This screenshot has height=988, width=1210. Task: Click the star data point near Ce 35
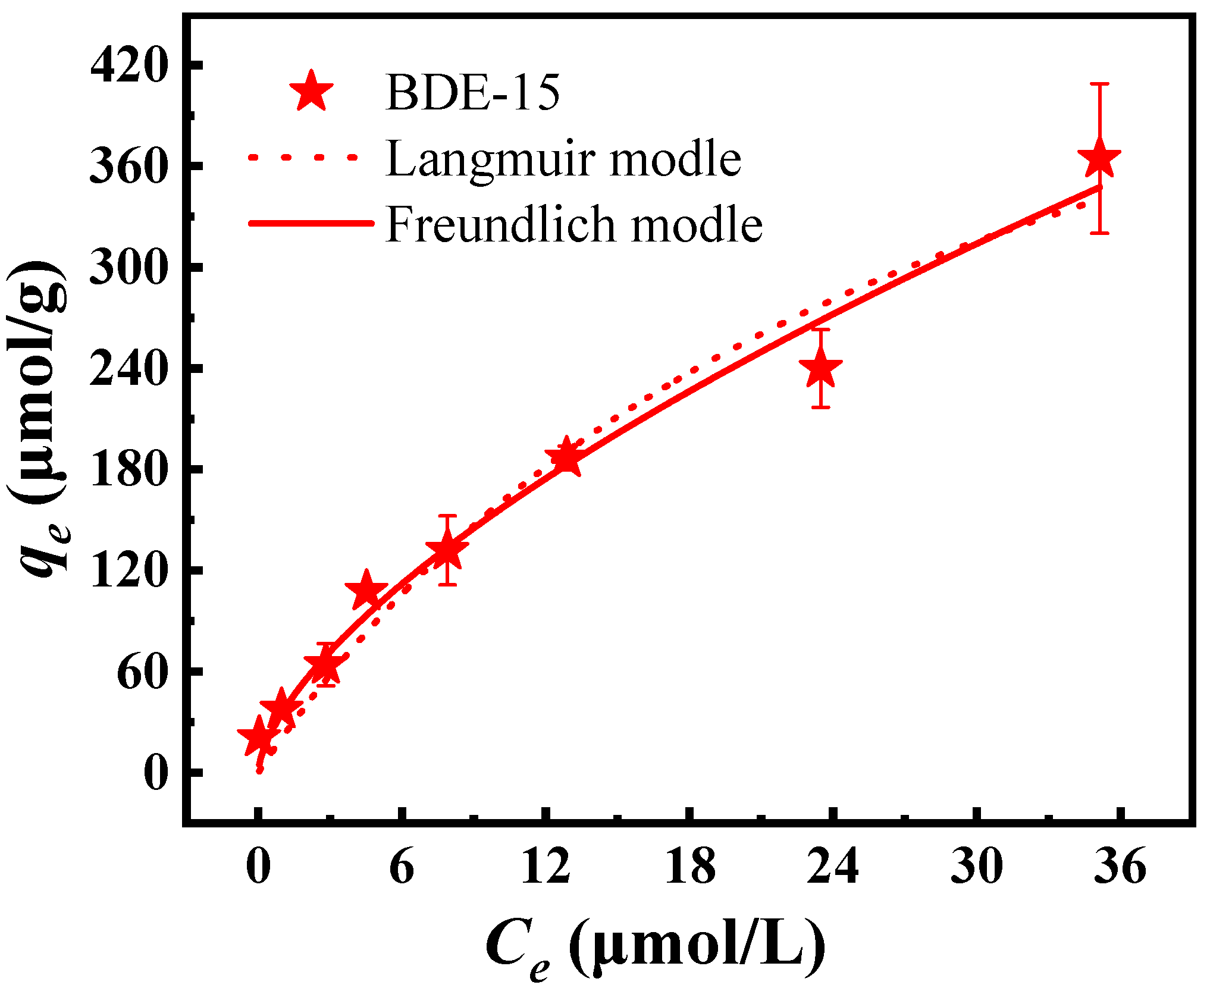click(x=1099, y=158)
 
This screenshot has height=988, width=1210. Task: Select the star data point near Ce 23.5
click(x=821, y=368)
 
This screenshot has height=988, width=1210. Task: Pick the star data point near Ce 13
click(x=565, y=458)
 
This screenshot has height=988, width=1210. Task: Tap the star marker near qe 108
click(x=366, y=591)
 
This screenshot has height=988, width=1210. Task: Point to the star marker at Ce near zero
click(x=258, y=736)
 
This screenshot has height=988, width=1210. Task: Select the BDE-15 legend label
click(x=473, y=93)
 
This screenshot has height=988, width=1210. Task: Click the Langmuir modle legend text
click(x=563, y=159)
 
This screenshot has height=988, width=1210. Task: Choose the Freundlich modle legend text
click(x=574, y=224)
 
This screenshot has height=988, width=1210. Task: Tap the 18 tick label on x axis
click(x=690, y=867)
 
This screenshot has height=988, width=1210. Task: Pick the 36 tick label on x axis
click(x=1121, y=867)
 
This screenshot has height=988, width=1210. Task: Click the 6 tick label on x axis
click(x=402, y=867)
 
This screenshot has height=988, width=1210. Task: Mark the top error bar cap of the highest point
click(x=1099, y=84)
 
